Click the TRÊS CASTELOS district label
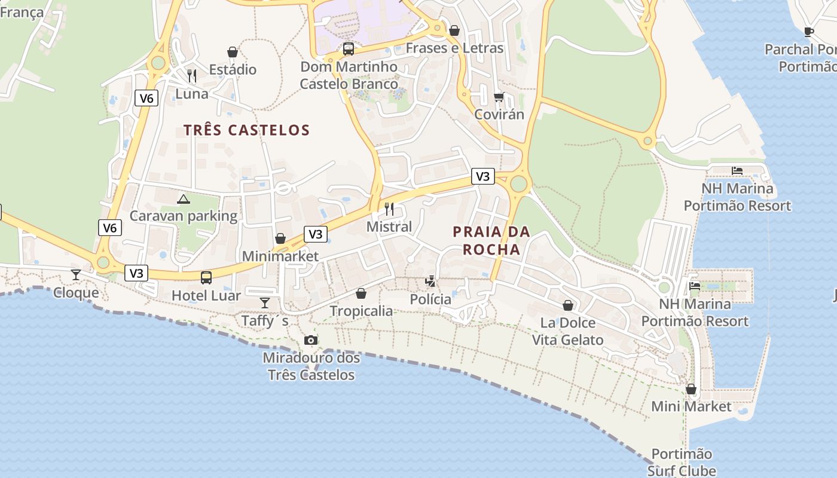(x=246, y=130)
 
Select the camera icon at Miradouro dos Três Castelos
(x=311, y=340)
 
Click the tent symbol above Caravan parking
(x=184, y=199)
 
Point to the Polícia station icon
(x=430, y=281)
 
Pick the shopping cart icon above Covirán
(x=499, y=97)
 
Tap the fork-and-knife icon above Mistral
(x=389, y=209)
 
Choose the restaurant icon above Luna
(x=192, y=75)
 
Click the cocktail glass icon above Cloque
(x=76, y=274)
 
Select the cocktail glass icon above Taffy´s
(x=265, y=302)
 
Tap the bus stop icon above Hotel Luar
(x=206, y=277)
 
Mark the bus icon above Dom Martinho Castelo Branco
(x=349, y=48)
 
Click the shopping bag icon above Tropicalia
(x=361, y=293)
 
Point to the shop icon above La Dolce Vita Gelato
(x=568, y=305)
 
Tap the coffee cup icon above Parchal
(x=809, y=32)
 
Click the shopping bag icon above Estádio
(x=233, y=53)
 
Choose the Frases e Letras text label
(x=454, y=48)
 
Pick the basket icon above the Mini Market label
(x=691, y=389)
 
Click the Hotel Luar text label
(x=206, y=296)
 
